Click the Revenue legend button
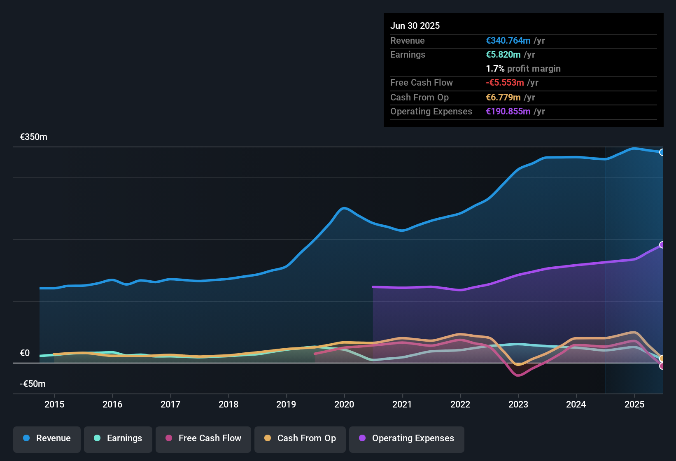click(x=47, y=438)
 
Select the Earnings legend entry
click(x=118, y=438)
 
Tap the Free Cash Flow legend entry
click(x=203, y=438)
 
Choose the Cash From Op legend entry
click(x=300, y=438)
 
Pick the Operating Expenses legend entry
click(x=407, y=438)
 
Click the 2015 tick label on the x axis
click(x=54, y=405)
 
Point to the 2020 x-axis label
click(x=344, y=405)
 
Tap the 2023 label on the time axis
click(x=518, y=405)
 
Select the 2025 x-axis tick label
click(x=634, y=405)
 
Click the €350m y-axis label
click(x=34, y=137)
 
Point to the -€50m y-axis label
click(x=33, y=384)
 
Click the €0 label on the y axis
click(x=25, y=353)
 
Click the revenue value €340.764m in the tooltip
click(x=508, y=41)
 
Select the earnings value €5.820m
click(x=503, y=55)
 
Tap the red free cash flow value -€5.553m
click(x=505, y=83)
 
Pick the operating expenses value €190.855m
click(x=508, y=112)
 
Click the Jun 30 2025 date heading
click(x=415, y=26)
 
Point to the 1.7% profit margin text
click(x=523, y=69)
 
